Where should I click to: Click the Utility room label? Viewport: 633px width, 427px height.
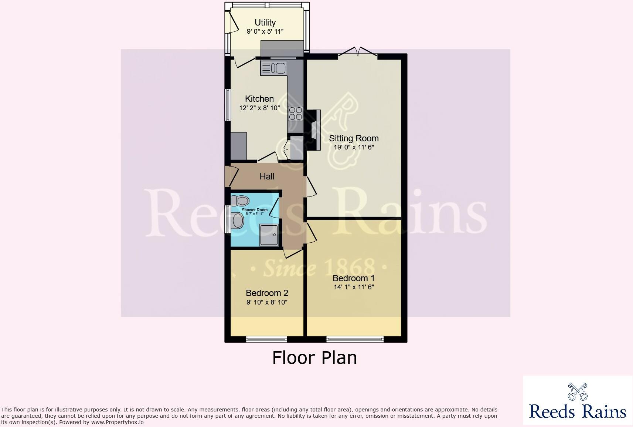[x=265, y=23]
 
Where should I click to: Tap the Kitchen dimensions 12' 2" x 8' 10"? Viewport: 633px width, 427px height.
[x=259, y=108]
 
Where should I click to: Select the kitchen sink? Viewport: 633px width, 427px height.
[x=273, y=68]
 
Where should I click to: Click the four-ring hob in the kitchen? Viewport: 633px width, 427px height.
[x=296, y=113]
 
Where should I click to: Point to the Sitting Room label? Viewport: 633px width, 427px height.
[x=354, y=138]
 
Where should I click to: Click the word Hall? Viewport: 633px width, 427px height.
[x=267, y=176]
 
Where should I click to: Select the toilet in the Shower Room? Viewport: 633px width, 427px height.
[x=240, y=201]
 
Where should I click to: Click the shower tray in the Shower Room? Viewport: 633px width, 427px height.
[x=270, y=235]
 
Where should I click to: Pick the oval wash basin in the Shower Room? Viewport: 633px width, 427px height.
[x=238, y=221]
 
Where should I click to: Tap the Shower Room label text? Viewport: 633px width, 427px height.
[x=255, y=210]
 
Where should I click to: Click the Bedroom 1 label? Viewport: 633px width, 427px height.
[x=354, y=278]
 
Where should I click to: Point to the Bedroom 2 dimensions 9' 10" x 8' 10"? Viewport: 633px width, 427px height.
[x=267, y=302]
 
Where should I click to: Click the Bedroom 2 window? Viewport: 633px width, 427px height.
[x=266, y=339]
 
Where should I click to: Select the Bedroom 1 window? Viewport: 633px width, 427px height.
[x=355, y=339]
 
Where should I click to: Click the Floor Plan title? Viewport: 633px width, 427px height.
[x=314, y=358]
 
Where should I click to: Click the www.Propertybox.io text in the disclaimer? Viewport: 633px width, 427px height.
[x=118, y=422]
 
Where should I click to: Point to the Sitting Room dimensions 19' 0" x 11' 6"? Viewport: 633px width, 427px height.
[x=354, y=147]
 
